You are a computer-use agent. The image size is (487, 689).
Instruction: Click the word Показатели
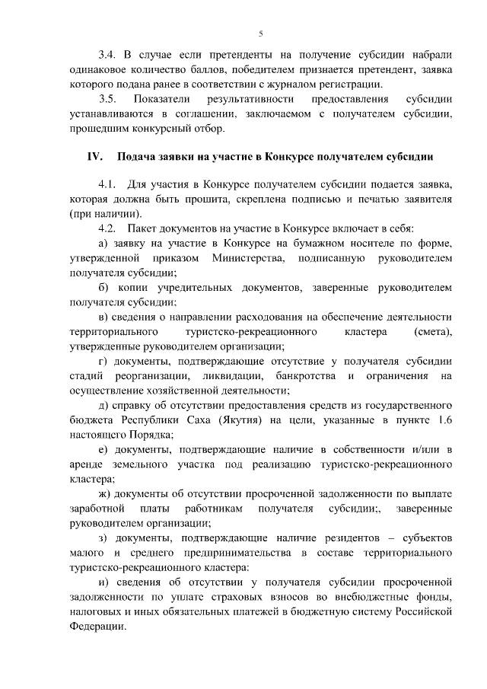[x=160, y=100]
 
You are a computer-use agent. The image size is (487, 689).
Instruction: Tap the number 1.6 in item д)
[x=444, y=419]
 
